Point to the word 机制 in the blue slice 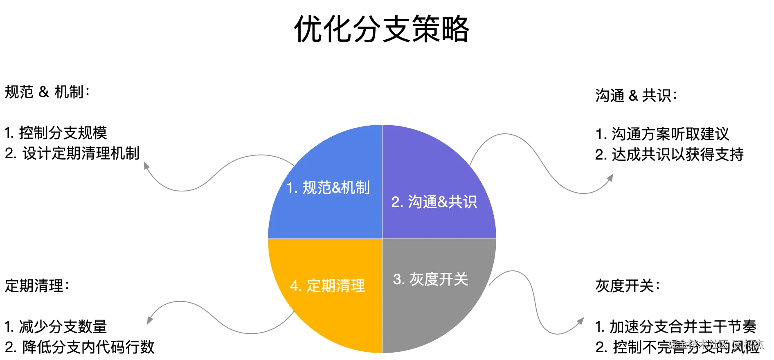click(355, 188)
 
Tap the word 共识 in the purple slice click(462, 202)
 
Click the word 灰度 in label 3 click(424, 279)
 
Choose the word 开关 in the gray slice click(454, 279)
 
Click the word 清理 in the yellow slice click(351, 286)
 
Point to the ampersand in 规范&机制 click(336, 188)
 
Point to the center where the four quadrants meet click(382, 239)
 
